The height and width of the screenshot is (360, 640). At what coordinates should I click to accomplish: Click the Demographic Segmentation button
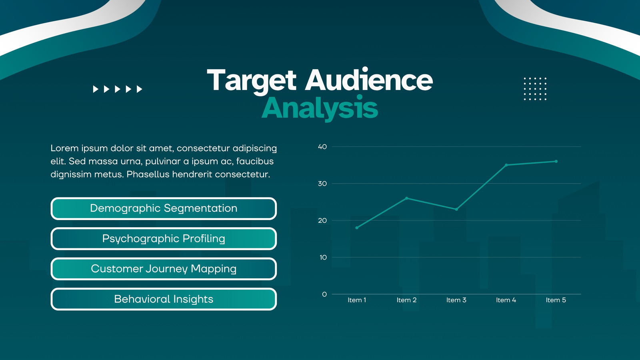tap(164, 208)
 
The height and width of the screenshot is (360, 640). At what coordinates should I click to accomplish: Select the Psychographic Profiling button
tap(164, 238)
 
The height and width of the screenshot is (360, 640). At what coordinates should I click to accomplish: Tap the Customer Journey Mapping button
tap(164, 269)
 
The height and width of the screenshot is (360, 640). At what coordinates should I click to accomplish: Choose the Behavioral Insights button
tap(164, 299)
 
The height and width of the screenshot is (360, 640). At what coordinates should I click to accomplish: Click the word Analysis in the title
tap(320, 108)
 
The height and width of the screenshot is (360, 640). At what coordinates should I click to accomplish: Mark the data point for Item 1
tap(357, 228)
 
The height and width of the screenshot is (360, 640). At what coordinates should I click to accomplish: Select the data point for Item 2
tap(406, 198)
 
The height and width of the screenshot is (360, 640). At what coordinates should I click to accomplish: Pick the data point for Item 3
tap(456, 210)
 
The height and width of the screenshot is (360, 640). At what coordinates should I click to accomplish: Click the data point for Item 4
tap(506, 165)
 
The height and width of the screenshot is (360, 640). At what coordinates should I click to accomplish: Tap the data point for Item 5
tap(556, 162)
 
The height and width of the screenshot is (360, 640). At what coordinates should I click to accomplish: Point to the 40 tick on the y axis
tap(322, 146)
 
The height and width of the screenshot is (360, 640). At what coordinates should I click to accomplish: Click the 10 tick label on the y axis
tap(323, 258)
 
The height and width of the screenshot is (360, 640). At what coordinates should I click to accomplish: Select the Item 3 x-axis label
tap(456, 300)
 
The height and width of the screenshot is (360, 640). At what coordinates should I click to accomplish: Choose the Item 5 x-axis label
tap(556, 300)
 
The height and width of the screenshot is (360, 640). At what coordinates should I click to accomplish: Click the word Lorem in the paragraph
tap(64, 148)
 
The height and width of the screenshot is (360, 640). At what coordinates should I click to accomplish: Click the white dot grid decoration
tap(535, 89)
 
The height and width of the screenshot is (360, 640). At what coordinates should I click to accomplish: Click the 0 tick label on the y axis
tap(324, 294)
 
